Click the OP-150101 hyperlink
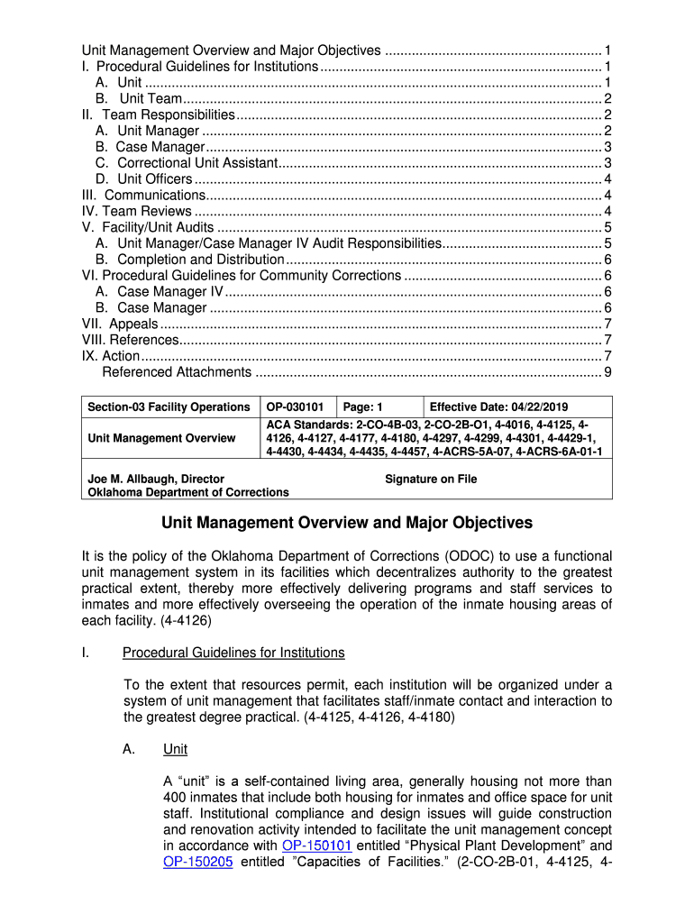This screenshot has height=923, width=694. pyautogui.click(x=316, y=845)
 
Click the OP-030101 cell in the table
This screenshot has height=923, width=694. pyautogui.click(x=295, y=407)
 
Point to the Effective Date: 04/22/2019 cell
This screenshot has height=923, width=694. pyautogui.click(x=498, y=407)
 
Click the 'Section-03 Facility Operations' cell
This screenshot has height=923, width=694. pyautogui.click(x=169, y=407)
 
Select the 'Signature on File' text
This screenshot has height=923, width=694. pyautogui.click(x=431, y=480)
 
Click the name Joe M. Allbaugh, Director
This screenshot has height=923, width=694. pyautogui.click(x=155, y=479)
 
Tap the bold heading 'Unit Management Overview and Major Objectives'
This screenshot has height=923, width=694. pyautogui.click(x=347, y=523)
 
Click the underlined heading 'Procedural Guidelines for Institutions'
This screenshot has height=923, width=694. pyautogui.click(x=233, y=653)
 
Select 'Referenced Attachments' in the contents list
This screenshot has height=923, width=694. pyautogui.click(x=177, y=372)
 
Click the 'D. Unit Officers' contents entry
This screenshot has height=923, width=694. pyautogui.click(x=143, y=179)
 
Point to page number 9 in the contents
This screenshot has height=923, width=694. pyautogui.click(x=608, y=372)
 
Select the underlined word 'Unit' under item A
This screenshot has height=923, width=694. pyautogui.click(x=175, y=750)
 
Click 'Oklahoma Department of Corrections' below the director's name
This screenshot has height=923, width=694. pyautogui.click(x=187, y=492)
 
